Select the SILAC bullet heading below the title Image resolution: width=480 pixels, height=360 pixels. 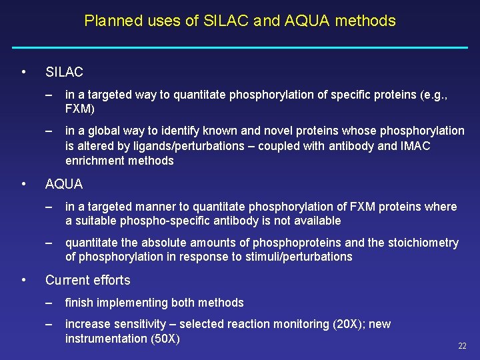(x=64, y=72)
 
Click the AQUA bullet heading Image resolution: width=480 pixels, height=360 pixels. (x=64, y=184)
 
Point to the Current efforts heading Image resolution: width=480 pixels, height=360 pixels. (x=87, y=280)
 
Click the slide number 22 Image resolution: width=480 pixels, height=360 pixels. (x=462, y=346)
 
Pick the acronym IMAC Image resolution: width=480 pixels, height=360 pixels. (x=415, y=146)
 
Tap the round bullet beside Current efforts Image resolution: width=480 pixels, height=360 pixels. (x=23, y=280)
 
